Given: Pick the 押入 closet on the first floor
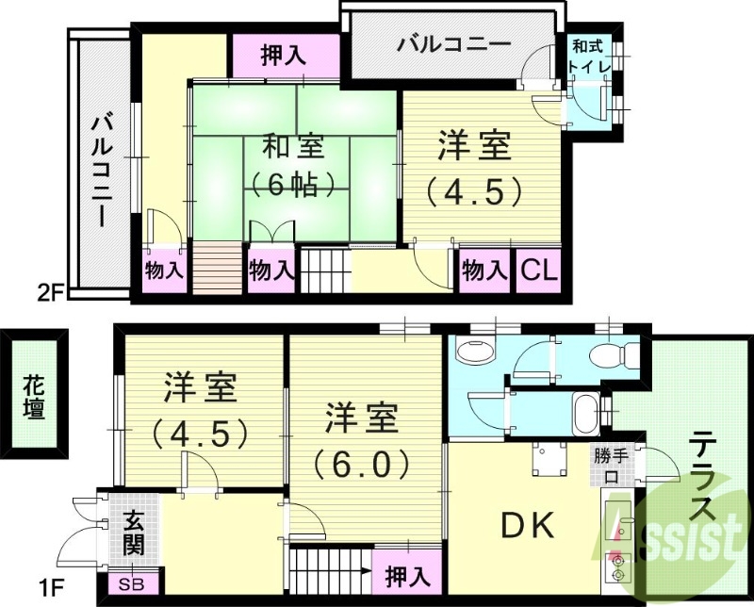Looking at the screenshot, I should (x=408, y=574).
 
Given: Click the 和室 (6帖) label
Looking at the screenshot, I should (x=293, y=164).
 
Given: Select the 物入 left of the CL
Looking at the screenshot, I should (x=484, y=271).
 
